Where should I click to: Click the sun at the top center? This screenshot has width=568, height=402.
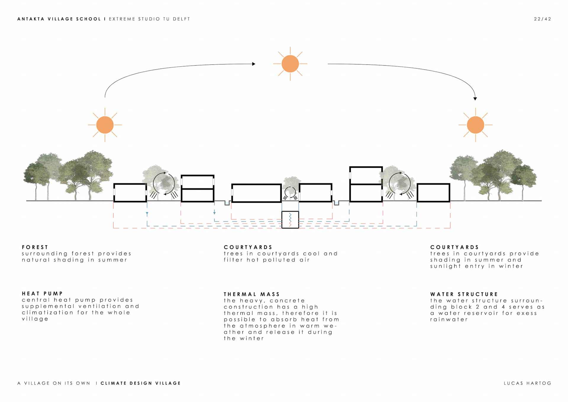coord(290,64)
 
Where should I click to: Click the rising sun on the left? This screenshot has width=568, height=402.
coord(105,125)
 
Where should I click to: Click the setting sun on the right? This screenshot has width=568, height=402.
coord(475,125)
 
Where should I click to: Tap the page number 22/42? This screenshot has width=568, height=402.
coord(543,19)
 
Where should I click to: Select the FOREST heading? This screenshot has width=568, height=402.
coord(35,247)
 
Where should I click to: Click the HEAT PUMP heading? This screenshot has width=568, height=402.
coord(42,294)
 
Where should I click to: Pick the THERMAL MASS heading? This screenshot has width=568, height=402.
coord(252,294)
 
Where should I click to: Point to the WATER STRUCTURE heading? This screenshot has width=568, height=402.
coord(464,294)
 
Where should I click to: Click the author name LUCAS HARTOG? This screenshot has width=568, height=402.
coord(527,383)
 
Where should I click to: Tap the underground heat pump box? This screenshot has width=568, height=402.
coord(290,220)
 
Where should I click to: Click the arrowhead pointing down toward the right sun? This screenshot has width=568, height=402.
coord(475,99)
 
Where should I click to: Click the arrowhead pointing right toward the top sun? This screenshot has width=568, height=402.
coord(254,64)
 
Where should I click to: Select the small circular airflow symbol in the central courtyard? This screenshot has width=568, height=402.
coord(290,193)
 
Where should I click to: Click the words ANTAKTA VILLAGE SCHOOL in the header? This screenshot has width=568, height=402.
coord(59,19)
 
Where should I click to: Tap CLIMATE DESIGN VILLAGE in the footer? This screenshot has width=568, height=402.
coord(141,383)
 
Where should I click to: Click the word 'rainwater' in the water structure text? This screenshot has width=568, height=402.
coord(449,319)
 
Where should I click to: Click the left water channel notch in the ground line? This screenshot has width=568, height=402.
coord(227,203)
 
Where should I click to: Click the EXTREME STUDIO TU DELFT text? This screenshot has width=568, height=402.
coord(149,19)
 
